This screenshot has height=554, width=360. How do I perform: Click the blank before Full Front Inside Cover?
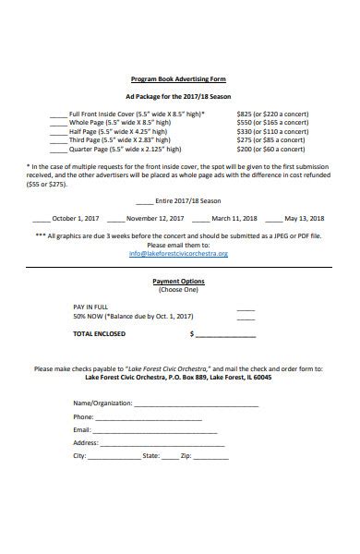(x=58, y=115)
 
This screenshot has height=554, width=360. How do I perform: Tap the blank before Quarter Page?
(x=58, y=150)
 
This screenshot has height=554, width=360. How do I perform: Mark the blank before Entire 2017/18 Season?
(x=144, y=201)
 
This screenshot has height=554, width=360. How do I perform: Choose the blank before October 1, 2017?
(x=41, y=221)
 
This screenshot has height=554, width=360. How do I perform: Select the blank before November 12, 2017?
(x=115, y=221)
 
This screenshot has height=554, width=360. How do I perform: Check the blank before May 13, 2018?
(x=273, y=221)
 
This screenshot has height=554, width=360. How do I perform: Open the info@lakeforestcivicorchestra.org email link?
(x=178, y=253)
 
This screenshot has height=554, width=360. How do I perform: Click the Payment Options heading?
(x=179, y=281)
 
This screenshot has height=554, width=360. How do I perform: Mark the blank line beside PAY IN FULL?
(x=245, y=309)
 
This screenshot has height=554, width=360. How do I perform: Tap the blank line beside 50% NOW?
(x=245, y=319)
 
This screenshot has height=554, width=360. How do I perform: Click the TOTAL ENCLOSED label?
(x=99, y=333)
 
